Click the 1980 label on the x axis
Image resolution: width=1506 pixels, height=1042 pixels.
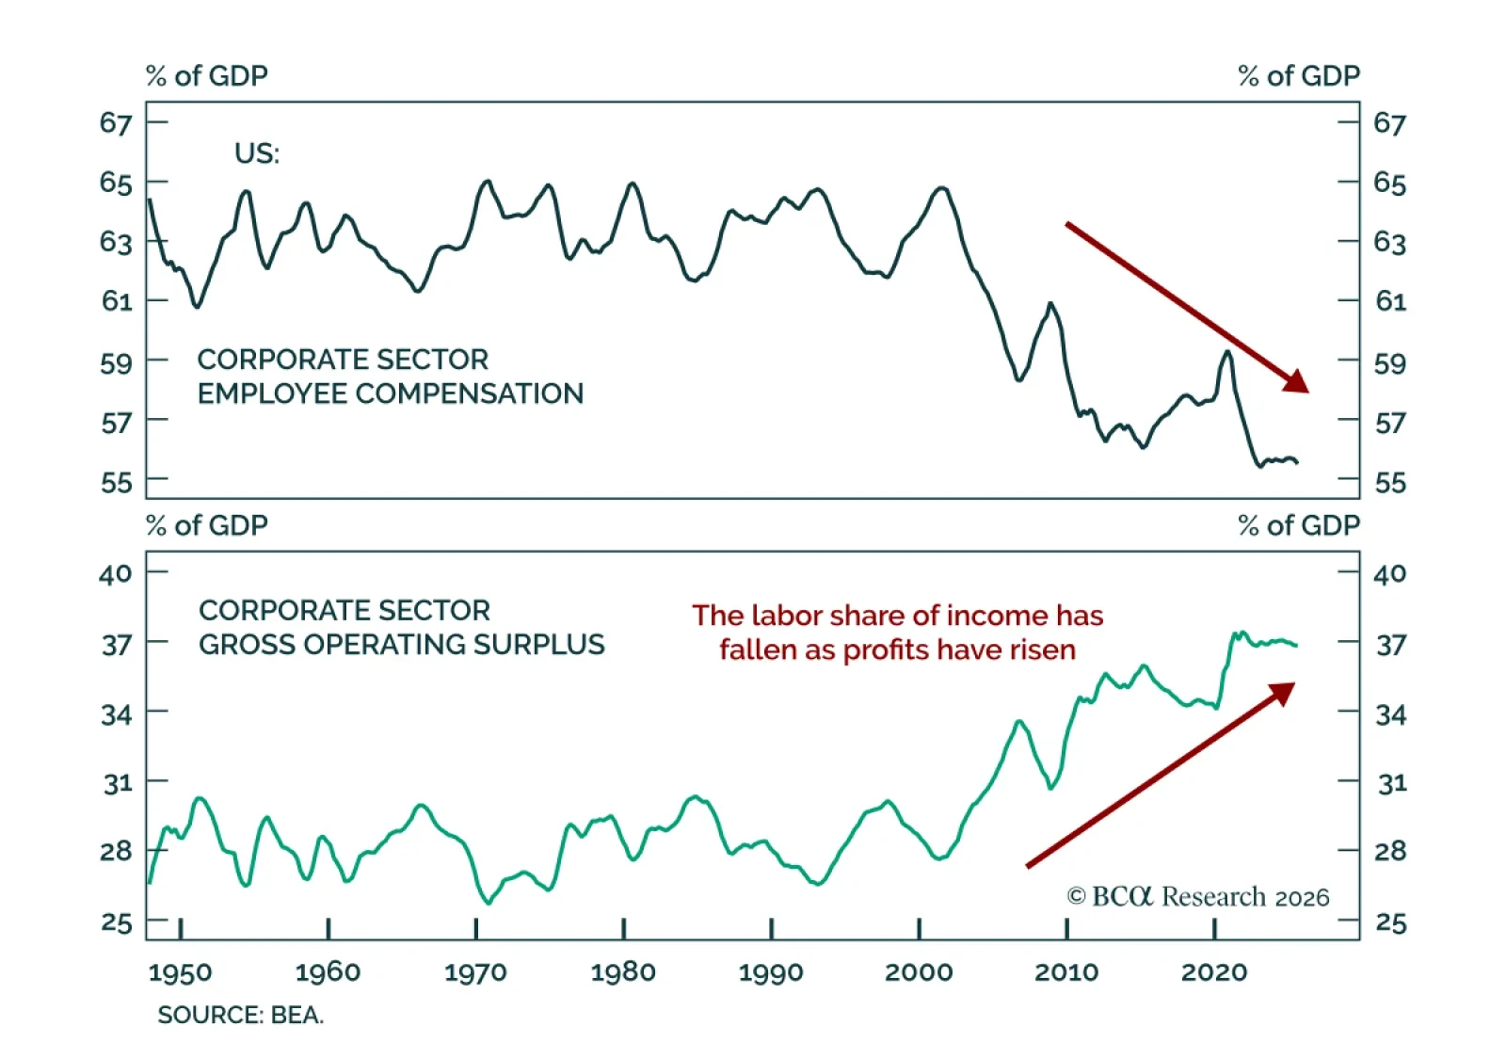[x=623, y=971]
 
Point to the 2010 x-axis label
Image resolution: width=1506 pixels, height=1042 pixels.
[x=1065, y=971]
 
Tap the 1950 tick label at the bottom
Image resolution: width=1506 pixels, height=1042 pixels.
[x=180, y=971]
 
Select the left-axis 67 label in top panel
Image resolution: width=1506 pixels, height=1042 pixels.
[x=116, y=122]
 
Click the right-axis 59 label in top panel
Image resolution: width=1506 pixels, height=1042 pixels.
[x=1389, y=362]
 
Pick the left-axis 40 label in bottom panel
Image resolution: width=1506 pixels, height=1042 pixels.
[x=116, y=573]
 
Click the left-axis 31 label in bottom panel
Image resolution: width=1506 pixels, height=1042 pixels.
[x=117, y=782]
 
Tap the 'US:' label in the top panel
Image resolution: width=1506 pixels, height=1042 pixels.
[x=257, y=153]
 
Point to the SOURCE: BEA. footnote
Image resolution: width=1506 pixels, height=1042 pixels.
[x=240, y=1015]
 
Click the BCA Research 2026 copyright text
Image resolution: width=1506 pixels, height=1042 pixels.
[x=1197, y=896]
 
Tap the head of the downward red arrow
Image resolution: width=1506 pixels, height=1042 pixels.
[x=1299, y=382]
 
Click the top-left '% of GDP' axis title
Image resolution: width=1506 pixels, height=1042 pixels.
[x=207, y=75]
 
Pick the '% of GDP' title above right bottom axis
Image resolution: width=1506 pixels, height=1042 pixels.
[x=1299, y=525]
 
